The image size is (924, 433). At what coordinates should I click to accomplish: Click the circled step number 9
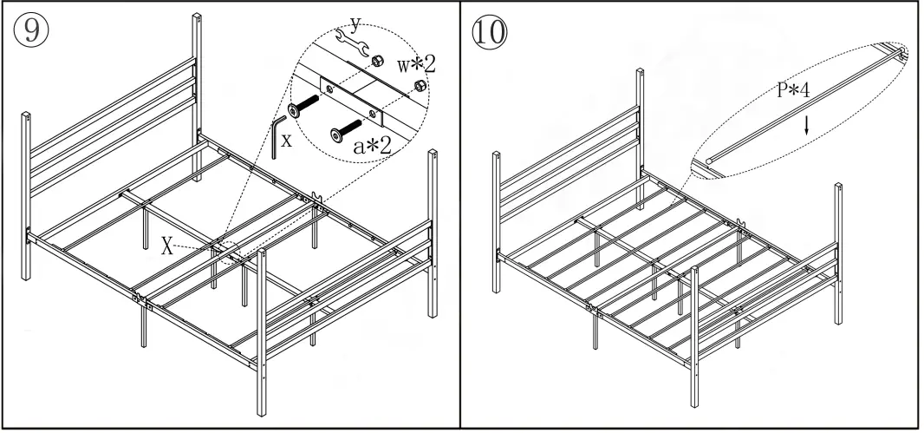point(30,32)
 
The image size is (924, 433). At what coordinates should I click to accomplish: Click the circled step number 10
point(490,32)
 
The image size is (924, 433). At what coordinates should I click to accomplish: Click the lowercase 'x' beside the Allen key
point(286,141)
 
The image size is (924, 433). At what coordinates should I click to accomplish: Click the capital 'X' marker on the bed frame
point(167,245)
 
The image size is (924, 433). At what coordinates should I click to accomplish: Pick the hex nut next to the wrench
point(378,61)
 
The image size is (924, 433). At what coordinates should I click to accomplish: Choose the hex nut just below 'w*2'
point(420,85)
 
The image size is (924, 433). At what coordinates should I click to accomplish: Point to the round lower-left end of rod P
point(709,161)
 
